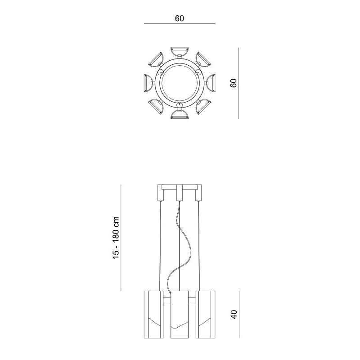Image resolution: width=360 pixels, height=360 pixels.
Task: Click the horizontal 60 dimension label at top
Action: [x=179, y=18]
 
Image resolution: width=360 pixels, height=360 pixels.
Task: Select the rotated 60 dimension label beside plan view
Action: [x=233, y=83]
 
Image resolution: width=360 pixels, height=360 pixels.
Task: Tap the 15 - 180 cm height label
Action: [x=116, y=238]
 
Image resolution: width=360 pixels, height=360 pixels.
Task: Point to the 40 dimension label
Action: [x=234, y=314]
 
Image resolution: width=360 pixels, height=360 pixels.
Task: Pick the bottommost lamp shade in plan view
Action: [x=180, y=115]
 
